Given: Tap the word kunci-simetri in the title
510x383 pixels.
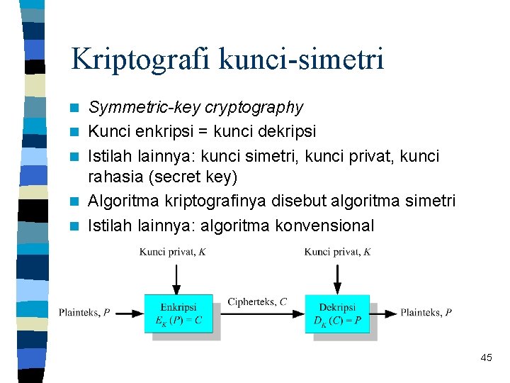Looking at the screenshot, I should coord(302,58).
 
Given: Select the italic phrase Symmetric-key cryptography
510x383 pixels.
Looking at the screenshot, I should coord(195,108).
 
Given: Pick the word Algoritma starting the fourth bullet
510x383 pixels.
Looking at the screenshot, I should coord(122,201).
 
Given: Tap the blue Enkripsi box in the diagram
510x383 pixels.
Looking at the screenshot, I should coord(178,313).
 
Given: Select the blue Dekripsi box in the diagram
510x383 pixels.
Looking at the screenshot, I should coord(337,313).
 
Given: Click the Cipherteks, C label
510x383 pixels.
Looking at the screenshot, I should coord(257,302).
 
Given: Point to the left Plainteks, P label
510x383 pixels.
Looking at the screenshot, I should coord(84,312).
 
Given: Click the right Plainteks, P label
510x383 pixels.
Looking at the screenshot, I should coord(426,312).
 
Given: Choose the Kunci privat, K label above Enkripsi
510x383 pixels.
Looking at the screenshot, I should coord(172,252).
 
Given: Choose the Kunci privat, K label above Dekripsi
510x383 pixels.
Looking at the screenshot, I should coord(337,252).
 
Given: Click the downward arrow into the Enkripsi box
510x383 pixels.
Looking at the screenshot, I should coord(176,278).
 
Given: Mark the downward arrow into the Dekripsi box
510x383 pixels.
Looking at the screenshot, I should coord(337,278).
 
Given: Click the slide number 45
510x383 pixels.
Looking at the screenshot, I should coord(486,358).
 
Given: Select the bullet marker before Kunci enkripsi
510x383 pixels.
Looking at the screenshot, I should coord(76,132).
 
